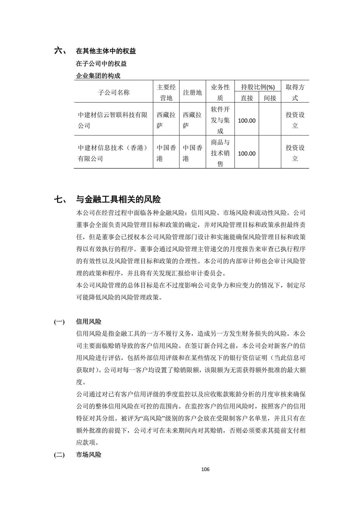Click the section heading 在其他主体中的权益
pos(106,51)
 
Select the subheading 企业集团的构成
pos(98,76)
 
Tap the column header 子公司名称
pos(114,92)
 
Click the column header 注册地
pos(192,92)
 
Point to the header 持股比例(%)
pos(258,87)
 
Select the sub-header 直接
pos(247,98)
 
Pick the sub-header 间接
pos(270,98)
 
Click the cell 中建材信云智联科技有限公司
pos(113,120)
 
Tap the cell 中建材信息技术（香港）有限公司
pos(113,153)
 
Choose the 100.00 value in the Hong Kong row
pos(247,154)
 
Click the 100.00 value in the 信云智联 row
pos(247,121)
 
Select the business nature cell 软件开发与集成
pos(220,120)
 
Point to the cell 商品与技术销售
pos(220,153)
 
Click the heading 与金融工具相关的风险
pos(118,199)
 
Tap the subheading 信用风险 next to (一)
pos(89,322)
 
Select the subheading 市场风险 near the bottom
pos(89,455)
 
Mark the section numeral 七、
pos(60,199)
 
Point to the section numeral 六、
pos(60,51)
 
